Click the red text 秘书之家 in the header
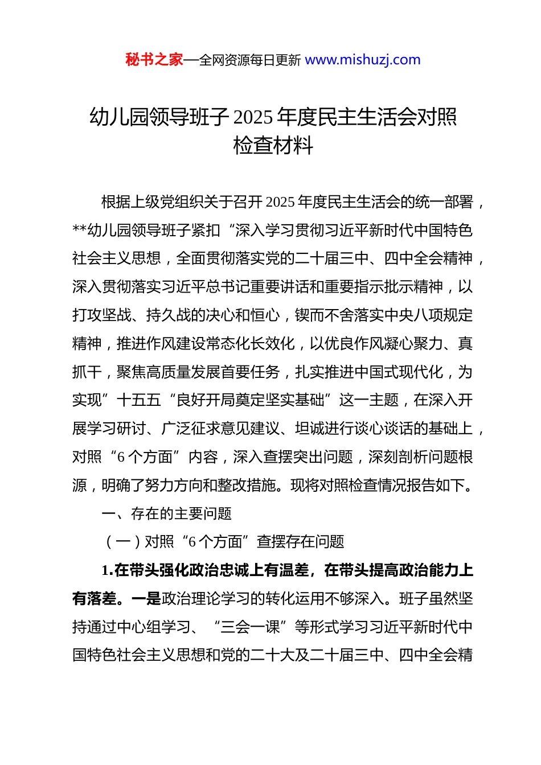tap(154, 60)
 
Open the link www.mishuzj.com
tap(363, 60)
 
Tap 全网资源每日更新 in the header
tap(249, 60)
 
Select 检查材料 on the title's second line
tap(273, 146)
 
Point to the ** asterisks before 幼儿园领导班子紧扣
tap(79, 231)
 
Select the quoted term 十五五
tap(139, 400)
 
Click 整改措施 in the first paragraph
tap(248, 486)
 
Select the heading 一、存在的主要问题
tap(166, 514)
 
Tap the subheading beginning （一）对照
tap(224, 542)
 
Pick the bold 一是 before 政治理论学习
tap(146, 599)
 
